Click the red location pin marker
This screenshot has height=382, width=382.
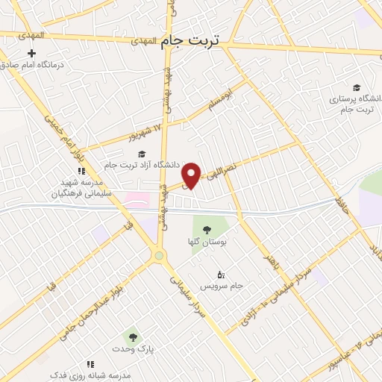[192, 175]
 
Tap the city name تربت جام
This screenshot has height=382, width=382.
[191, 42]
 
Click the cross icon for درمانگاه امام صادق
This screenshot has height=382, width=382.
[31, 53]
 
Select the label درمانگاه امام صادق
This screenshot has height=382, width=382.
[37, 65]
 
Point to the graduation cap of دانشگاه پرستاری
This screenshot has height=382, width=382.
[357, 87]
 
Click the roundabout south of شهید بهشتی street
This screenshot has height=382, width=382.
[158, 256]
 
